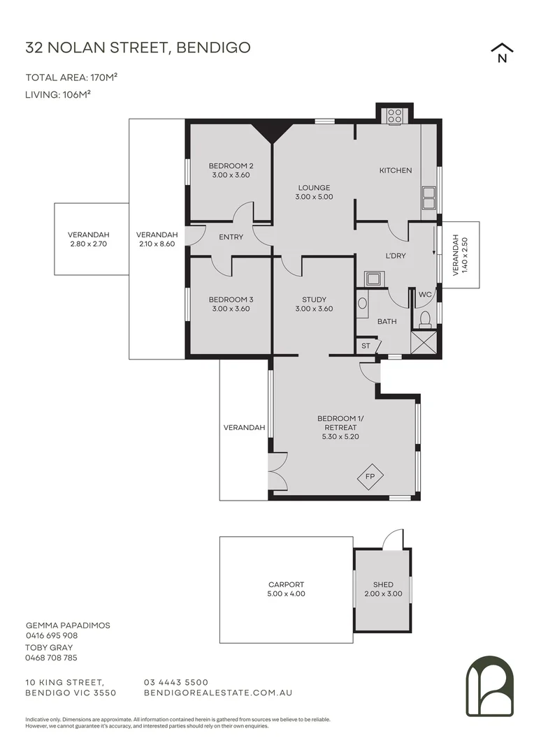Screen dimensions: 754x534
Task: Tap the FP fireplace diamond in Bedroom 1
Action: pyautogui.click(x=370, y=478)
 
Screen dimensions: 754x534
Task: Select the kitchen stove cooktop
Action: pyautogui.click(x=395, y=115)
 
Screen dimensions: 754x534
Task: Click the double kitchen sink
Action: pyautogui.click(x=428, y=198)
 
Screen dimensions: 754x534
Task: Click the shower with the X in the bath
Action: pyautogui.click(x=424, y=343)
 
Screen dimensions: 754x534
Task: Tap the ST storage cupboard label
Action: pyautogui.click(x=366, y=346)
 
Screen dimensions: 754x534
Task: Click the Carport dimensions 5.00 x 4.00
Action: pyautogui.click(x=286, y=594)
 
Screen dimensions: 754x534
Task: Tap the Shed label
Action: pyautogui.click(x=383, y=584)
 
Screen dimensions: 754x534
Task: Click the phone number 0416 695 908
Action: pyautogui.click(x=52, y=636)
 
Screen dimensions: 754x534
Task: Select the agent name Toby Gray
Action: pyautogui.click(x=49, y=647)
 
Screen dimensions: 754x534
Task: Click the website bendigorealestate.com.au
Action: pyautogui.click(x=217, y=693)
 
